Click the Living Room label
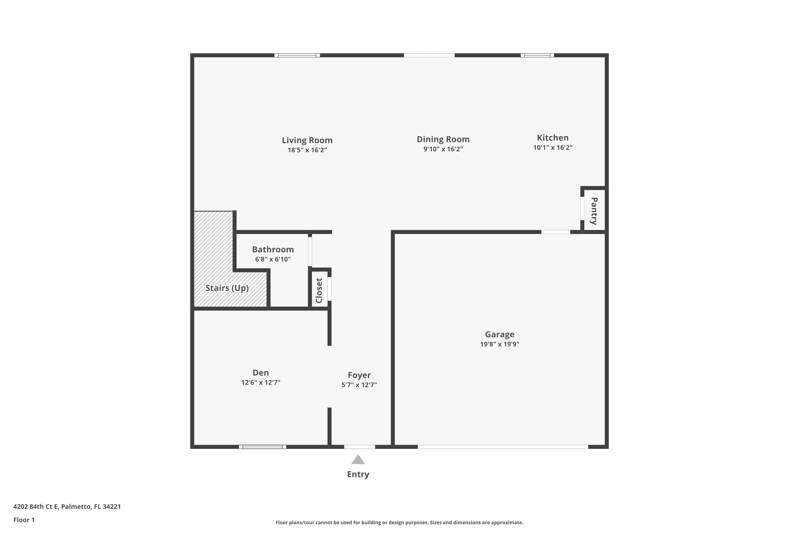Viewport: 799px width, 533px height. (x=307, y=140)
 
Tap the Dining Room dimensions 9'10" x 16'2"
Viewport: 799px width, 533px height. (x=443, y=149)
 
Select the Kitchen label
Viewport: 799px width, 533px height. (x=552, y=138)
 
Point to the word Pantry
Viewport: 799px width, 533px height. (x=594, y=211)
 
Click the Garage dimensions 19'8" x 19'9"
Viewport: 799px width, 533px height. (x=499, y=344)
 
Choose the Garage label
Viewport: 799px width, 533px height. (x=499, y=334)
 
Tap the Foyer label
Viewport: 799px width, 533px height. (x=359, y=375)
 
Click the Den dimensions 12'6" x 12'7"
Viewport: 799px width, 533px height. (x=260, y=382)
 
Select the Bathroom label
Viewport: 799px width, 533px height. (x=273, y=249)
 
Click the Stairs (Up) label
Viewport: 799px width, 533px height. (x=227, y=288)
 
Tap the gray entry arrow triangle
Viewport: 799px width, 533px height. (x=358, y=460)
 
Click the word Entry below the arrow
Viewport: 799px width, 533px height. (x=358, y=474)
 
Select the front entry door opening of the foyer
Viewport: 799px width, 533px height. (x=359, y=447)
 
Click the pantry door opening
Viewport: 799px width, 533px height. (x=582, y=208)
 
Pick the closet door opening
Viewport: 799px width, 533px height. (x=329, y=289)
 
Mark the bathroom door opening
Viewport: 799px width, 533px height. (x=310, y=252)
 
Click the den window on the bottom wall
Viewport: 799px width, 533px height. (x=262, y=447)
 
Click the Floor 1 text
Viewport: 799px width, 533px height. (x=24, y=520)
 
